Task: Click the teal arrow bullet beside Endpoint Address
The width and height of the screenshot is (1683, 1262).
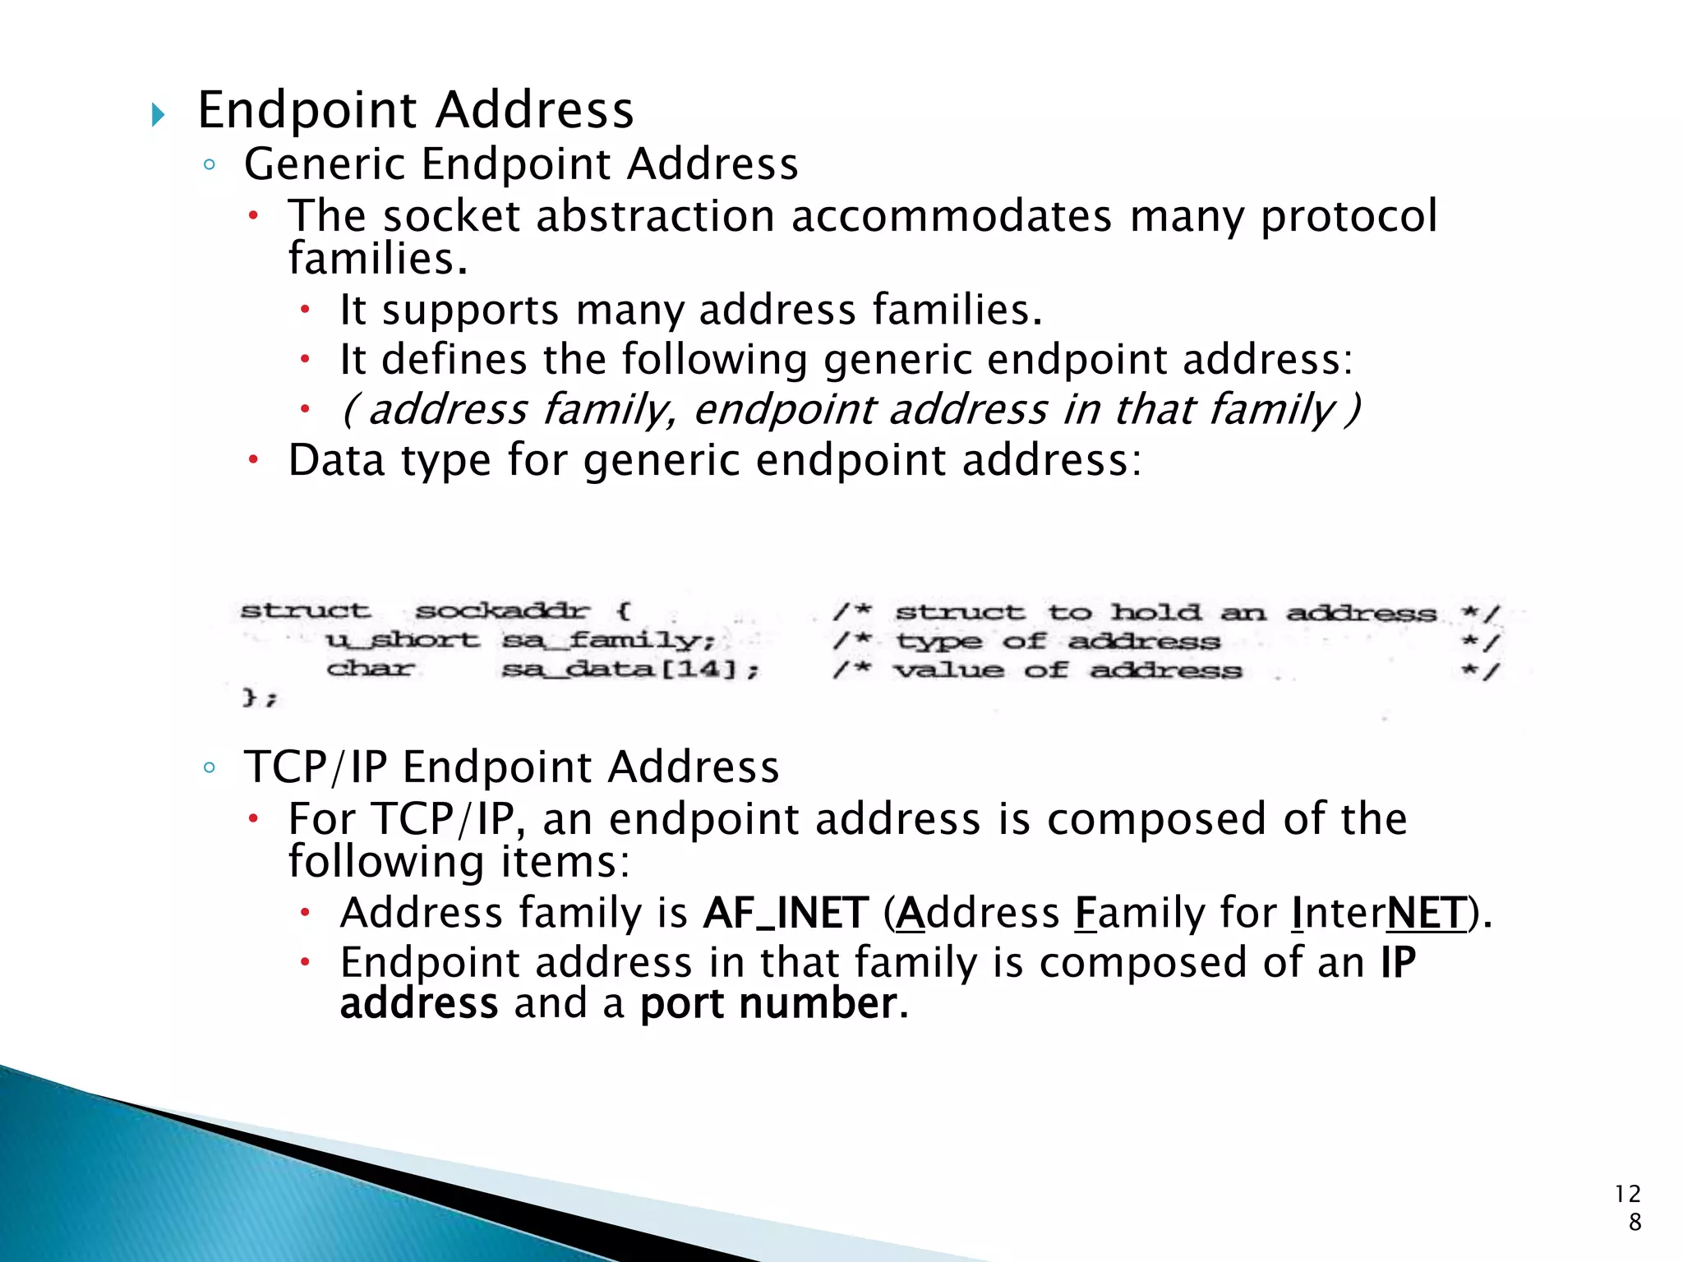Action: pos(159,114)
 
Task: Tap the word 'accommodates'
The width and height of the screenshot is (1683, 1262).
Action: pos(951,216)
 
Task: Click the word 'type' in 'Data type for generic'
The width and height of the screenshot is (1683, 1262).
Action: pos(446,460)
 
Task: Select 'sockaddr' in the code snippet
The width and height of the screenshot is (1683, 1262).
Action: pos(502,611)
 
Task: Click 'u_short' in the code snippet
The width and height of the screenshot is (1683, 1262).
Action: pos(402,640)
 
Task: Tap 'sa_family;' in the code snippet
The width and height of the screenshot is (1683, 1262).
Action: pos(608,640)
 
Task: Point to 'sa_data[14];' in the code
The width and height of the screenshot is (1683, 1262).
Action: pos(629,670)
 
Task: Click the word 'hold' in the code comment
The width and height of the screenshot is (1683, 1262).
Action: pos(1155,612)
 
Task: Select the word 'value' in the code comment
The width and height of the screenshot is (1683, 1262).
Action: pos(948,670)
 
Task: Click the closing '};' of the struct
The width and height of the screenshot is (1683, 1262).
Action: pos(260,698)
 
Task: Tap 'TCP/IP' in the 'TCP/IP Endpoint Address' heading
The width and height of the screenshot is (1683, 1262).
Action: pos(316,767)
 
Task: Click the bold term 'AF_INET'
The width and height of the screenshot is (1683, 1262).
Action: pos(786,914)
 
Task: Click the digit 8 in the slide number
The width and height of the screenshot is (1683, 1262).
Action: pos(1635,1222)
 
